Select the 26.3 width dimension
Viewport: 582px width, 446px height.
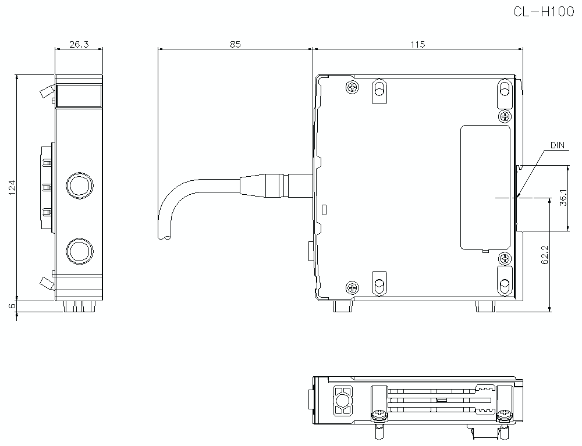[79, 44]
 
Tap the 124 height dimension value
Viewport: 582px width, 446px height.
[12, 187]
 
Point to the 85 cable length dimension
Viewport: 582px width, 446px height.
[235, 44]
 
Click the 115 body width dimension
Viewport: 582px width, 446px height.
[418, 44]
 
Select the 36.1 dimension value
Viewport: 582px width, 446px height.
[562, 198]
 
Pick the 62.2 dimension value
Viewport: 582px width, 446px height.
[545, 254]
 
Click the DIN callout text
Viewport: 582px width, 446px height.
[558, 145]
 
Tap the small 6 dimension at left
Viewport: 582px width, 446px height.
[12, 306]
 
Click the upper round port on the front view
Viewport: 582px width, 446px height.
[79, 185]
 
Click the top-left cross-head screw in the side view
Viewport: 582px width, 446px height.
[352, 88]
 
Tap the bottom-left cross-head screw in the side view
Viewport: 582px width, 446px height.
[352, 287]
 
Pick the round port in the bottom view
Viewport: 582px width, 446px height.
[342, 400]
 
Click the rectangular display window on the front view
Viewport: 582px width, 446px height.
[79, 95]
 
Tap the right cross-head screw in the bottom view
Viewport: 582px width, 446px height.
[504, 416]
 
